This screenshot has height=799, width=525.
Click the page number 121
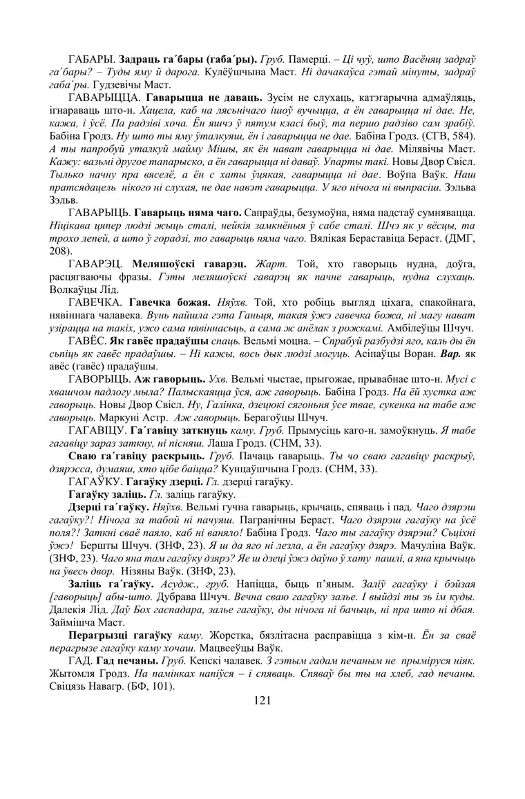(262, 700)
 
